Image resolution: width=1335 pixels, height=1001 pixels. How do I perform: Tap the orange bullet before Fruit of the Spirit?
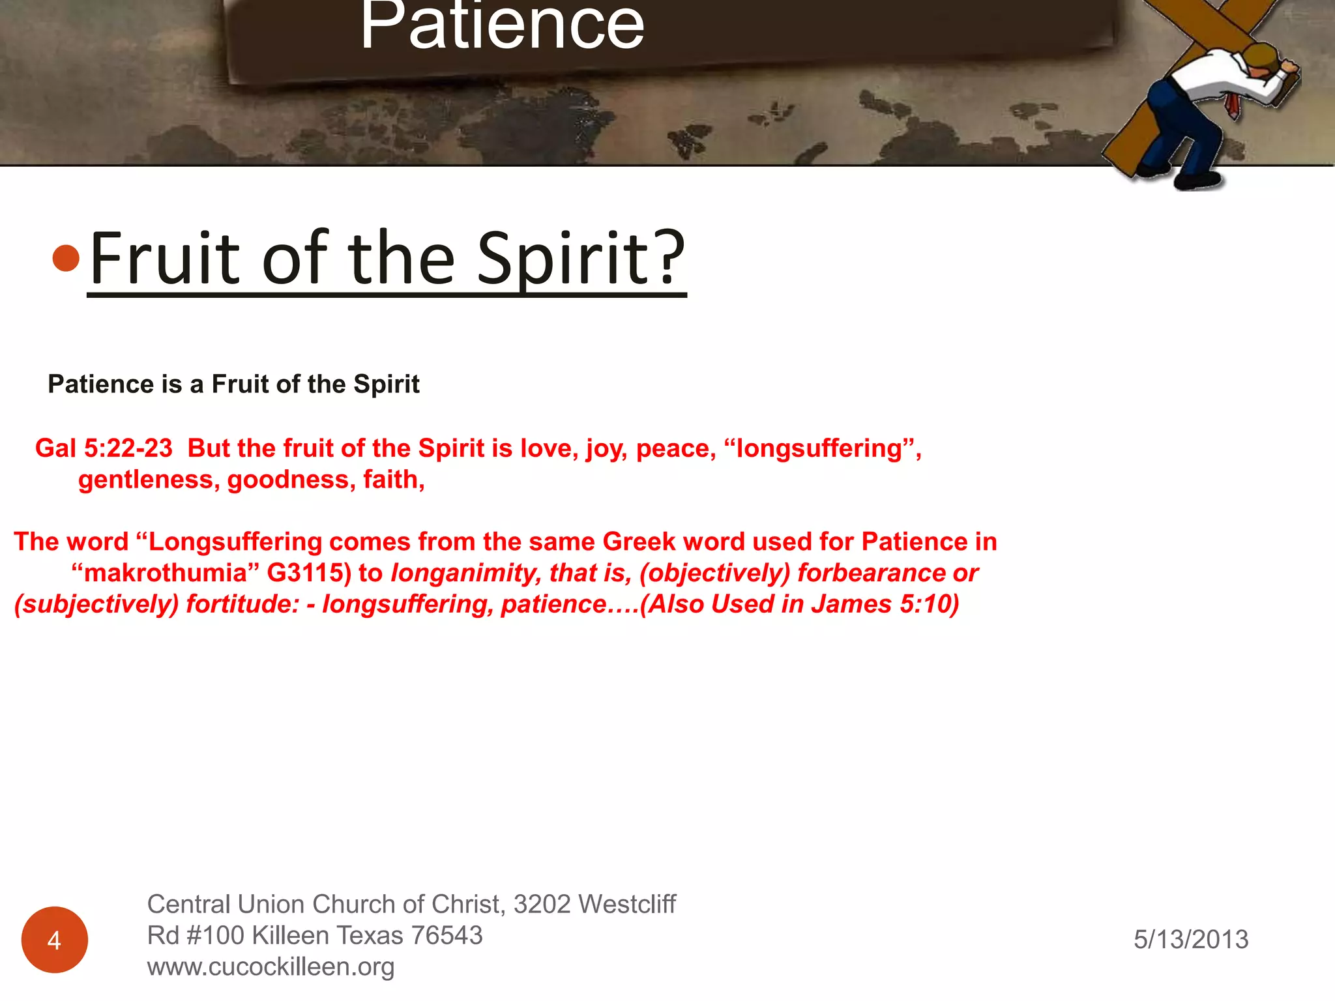pyautogui.click(x=66, y=258)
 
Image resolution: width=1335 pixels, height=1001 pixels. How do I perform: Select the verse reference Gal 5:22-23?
pyautogui.click(x=104, y=448)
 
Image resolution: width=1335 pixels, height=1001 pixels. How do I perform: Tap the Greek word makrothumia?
pyautogui.click(x=166, y=573)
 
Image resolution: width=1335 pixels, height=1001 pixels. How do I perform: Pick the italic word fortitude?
pyautogui.click(x=242, y=604)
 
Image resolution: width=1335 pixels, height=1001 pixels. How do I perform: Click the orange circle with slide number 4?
pyautogui.click(x=55, y=939)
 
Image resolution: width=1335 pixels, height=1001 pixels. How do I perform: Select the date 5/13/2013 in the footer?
pyautogui.click(x=1190, y=939)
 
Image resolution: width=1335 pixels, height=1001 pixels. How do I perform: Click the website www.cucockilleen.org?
pyautogui.click(x=271, y=967)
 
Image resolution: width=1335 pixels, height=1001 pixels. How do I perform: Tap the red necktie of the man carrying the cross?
pyautogui.click(x=1231, y=104)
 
